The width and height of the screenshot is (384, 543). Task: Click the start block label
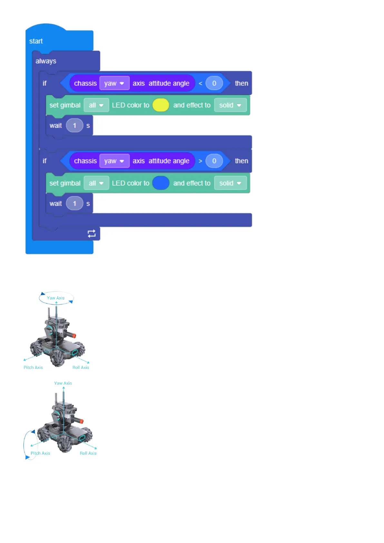click(36, 41)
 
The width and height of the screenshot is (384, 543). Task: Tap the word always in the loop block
click(46, 61)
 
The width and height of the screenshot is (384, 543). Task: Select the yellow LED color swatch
click(161, 105)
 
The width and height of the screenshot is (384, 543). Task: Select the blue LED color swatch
click(161, 183)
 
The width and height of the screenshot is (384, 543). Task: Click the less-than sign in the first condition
click(201, 84)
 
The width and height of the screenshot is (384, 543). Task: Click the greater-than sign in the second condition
click(201, 161)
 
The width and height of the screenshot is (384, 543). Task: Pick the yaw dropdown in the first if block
click(114, 83)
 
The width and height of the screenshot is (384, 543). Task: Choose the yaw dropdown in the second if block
click(114, 161)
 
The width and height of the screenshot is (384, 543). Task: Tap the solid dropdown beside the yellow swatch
click(230, 105)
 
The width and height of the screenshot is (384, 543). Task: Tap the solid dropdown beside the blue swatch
click(230, 183)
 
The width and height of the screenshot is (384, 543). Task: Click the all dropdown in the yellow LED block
click(96, 105)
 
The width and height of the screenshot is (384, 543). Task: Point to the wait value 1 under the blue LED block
click(74, 203)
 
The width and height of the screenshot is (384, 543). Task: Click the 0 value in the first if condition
click(214, 83)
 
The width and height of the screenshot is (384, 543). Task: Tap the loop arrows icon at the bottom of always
click(92, 233)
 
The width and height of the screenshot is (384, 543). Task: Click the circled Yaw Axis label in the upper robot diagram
click(56, 298)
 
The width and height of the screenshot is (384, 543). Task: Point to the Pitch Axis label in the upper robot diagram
click(33, 368)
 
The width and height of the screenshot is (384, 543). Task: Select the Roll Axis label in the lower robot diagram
click(88, 453)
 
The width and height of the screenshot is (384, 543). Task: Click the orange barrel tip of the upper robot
click(74, 336)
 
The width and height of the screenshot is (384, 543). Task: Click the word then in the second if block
click(241, 161)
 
